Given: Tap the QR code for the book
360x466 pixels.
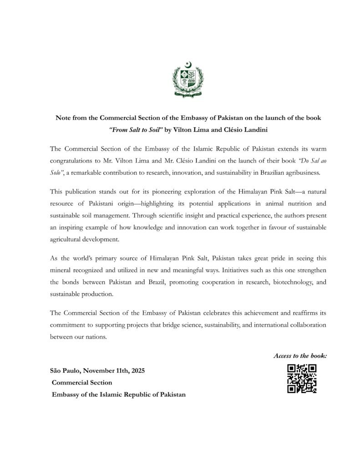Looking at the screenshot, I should (302, 379).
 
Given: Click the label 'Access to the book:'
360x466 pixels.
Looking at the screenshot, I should (300, 355).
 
